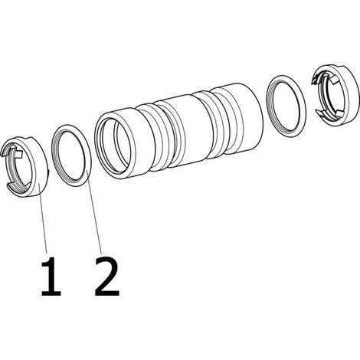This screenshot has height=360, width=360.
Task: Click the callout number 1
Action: pos(51,277)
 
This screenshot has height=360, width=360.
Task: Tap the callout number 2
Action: pos(107,277)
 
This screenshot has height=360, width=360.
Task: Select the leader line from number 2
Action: pos(94,211)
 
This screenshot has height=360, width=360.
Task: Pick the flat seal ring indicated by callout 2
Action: pos(87,155)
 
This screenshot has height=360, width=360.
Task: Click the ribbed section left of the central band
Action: pos(151,138)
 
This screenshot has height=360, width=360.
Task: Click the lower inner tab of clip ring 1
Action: pos(28,185)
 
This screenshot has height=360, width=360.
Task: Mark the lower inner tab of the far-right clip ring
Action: pos(340,113)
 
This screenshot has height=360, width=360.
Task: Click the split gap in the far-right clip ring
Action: pos(316,97)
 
